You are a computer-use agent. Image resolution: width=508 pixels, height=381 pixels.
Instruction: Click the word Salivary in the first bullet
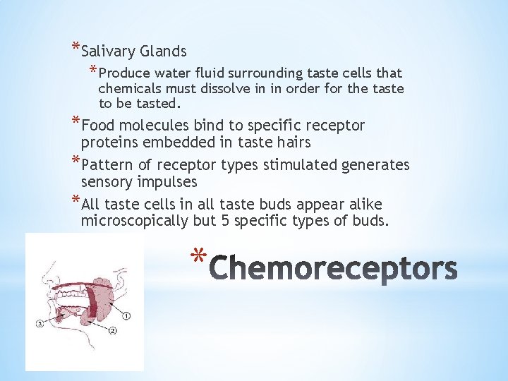(108, 52)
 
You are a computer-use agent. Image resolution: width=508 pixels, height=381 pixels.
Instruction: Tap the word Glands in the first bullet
(164, 52)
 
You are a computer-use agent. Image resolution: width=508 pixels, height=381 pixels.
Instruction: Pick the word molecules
(155, 126)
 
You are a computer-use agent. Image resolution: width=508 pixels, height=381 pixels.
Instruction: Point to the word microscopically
(134, 221)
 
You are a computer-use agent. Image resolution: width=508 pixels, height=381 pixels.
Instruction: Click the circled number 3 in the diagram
(40, 324)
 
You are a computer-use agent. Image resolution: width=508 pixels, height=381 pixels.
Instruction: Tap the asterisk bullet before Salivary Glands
(75, 47)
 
